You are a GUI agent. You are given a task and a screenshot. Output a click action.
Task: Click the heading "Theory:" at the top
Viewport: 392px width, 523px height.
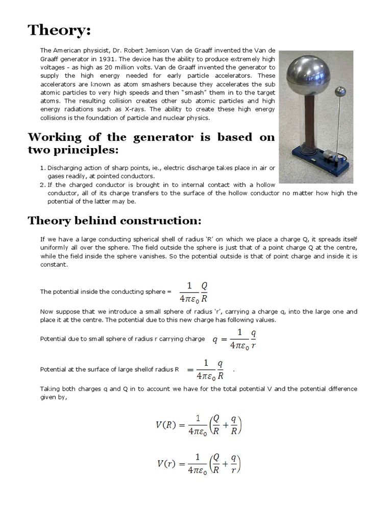pyautogui.click(x=59, y=30)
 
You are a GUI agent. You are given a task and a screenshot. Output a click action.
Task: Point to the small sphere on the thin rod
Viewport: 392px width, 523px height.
pyautogui.click(x=340, y=92)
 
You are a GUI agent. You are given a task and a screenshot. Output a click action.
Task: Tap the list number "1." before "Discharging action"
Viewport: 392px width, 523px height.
pyautogui.click(x=43, y=168)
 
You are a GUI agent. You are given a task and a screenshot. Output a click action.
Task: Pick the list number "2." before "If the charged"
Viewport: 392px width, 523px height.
pyautogui.click(x=43, y=185)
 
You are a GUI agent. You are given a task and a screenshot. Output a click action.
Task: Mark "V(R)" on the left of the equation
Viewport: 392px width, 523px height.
pyautogui.click(x=167, y=425)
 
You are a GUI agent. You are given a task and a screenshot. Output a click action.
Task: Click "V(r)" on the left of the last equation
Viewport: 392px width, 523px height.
pyautogui.click(x=167, y=464)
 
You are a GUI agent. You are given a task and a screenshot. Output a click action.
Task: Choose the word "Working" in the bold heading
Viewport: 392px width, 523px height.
pyautogui.click(x=56, y=137)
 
